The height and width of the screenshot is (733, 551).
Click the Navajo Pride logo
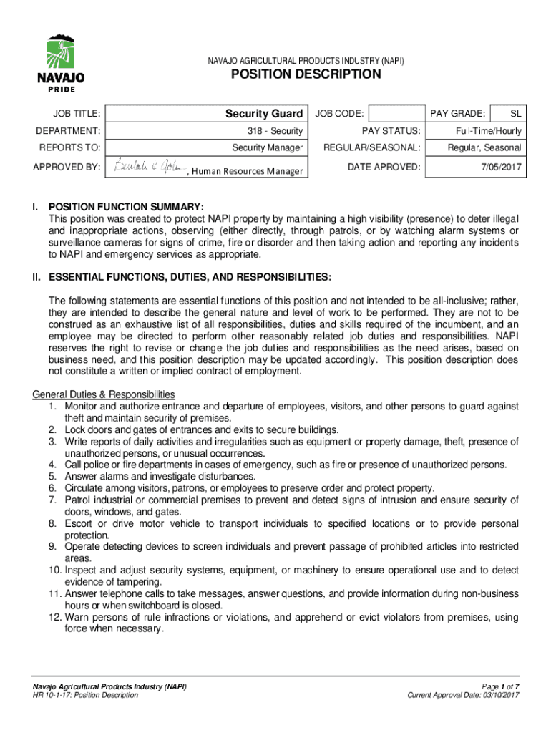[61, 63]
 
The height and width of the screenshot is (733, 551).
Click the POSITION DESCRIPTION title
[305, 74]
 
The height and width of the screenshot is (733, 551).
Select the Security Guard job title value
[264, 114]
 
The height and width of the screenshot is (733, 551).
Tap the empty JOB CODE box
[397, 113]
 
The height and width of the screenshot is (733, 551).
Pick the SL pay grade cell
[515, 114]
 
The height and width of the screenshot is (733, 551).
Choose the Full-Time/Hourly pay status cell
[489, 131]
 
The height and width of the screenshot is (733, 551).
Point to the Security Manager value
[267, 147]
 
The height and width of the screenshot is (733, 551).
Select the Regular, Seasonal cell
[484, 148]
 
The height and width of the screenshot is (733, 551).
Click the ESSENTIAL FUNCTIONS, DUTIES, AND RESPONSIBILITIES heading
[189, 276]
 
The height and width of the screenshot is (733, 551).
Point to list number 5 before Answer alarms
[53, 476]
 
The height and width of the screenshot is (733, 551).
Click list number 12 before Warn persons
[55, 617]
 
